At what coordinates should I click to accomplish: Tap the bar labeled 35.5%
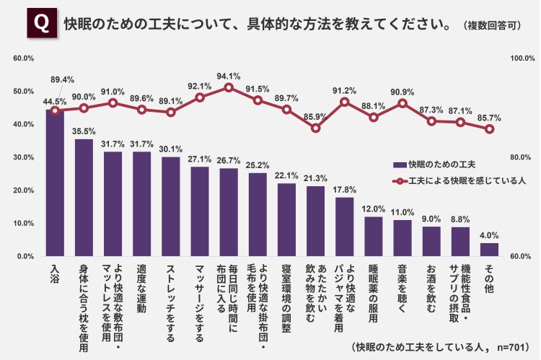tap(84, 198)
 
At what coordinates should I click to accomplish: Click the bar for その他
tap(489, 250)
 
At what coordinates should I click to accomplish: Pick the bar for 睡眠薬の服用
tap(374, 237)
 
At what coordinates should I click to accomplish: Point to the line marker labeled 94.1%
tap(229, 87)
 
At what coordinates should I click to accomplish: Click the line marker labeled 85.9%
tap(316, 128)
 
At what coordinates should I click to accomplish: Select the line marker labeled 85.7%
tap(489, 129)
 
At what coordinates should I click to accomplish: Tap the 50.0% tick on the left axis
tap(25, 92)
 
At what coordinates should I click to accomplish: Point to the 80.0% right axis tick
tap(520, 157)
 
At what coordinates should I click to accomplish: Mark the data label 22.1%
tap(286, 175)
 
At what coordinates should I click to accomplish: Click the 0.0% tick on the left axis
tap(27, 256)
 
